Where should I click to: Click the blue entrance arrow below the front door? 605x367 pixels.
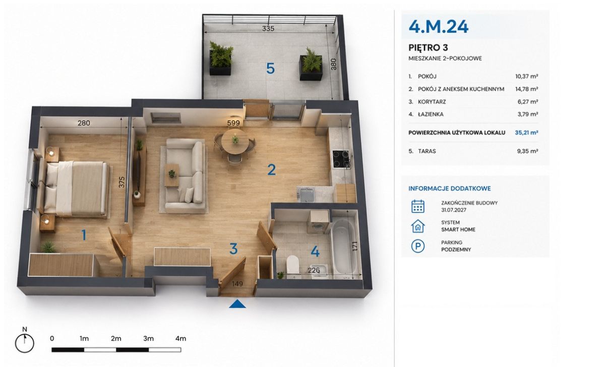point(237,304)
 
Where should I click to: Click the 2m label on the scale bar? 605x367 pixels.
point(116,338)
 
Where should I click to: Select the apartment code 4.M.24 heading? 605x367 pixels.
point(438,26)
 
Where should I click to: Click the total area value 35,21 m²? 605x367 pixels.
point(526,133)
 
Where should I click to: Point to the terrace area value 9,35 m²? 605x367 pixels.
point(527,151)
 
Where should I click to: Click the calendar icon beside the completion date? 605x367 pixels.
point(417,207)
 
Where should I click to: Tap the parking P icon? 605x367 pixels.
point(417,246)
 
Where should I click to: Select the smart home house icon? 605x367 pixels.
point(417,226)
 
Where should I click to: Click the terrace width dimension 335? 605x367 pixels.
point(268,28)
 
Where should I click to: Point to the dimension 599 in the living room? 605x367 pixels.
point(233,123)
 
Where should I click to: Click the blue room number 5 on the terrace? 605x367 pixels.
point(270,69)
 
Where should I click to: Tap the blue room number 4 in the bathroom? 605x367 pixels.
point(315,252)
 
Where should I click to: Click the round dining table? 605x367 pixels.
point(235,142)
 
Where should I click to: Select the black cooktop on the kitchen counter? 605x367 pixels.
point(341,159)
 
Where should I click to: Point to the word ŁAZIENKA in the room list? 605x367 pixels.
point(431,114)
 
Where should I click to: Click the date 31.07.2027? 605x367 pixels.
point(454,210)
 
